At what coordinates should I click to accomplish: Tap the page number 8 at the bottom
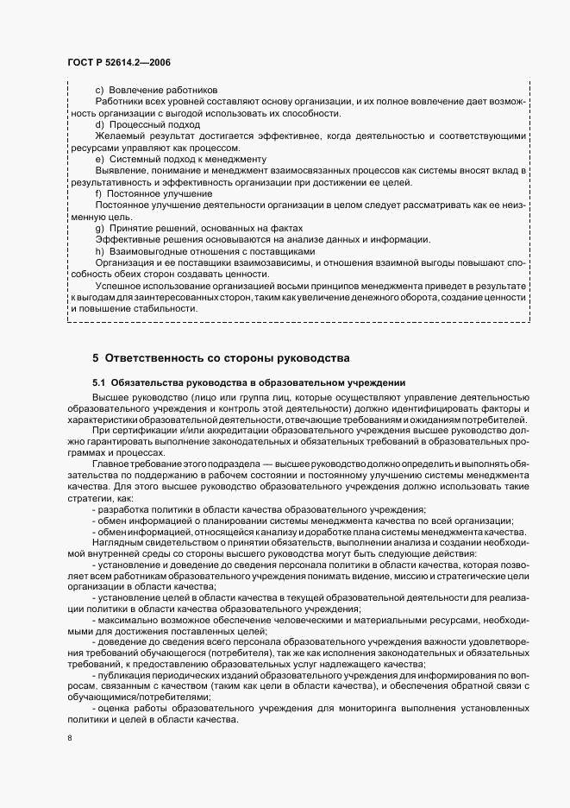coord(70,738)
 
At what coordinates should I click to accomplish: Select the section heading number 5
coord(97,358)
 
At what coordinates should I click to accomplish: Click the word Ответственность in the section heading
coord(159,358)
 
